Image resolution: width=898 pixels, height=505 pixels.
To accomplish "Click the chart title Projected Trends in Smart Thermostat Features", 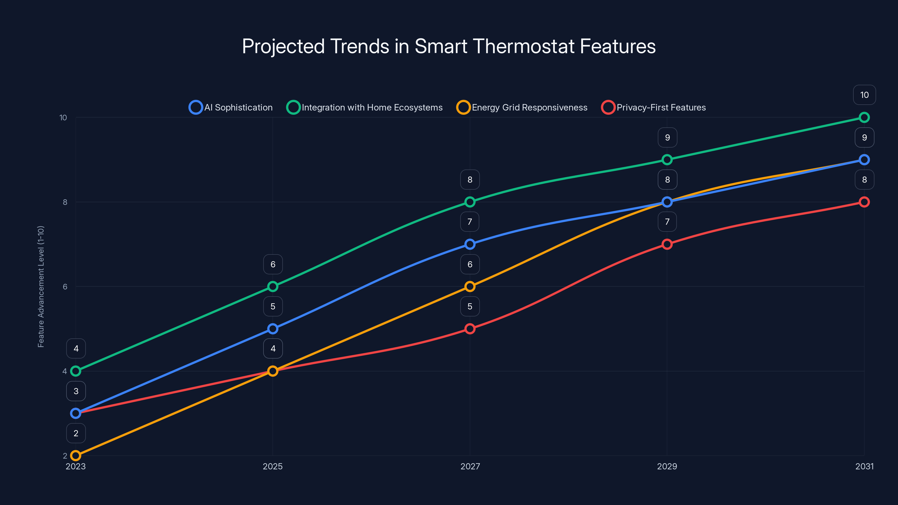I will point(449,46).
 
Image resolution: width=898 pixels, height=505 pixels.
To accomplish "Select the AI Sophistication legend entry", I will point(231,107).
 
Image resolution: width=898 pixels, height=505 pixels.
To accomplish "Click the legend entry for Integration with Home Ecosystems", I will point(364,107).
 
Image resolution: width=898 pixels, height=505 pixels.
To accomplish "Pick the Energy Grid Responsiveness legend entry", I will point(522,107).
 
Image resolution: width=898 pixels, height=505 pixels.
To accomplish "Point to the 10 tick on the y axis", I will point(63,118).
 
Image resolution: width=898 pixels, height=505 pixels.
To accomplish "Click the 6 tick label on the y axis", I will point(65,286).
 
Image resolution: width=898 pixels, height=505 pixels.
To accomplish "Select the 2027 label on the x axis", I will point(470,466).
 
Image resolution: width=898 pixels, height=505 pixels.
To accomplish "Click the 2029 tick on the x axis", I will point(667,466).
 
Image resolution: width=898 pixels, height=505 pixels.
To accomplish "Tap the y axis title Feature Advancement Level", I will point(41,286).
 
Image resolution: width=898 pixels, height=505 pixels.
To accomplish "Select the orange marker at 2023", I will point(76,456).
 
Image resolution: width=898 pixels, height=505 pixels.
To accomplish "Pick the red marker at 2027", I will point(470,329).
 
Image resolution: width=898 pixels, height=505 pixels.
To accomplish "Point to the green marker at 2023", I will point(76,371).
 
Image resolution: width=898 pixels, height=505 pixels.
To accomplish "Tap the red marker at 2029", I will point(667,244).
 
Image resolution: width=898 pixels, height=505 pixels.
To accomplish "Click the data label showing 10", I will point(864,95).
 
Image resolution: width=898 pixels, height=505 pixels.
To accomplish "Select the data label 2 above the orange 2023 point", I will point(76,433).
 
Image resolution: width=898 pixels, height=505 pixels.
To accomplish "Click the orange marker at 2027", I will point(470,286).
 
